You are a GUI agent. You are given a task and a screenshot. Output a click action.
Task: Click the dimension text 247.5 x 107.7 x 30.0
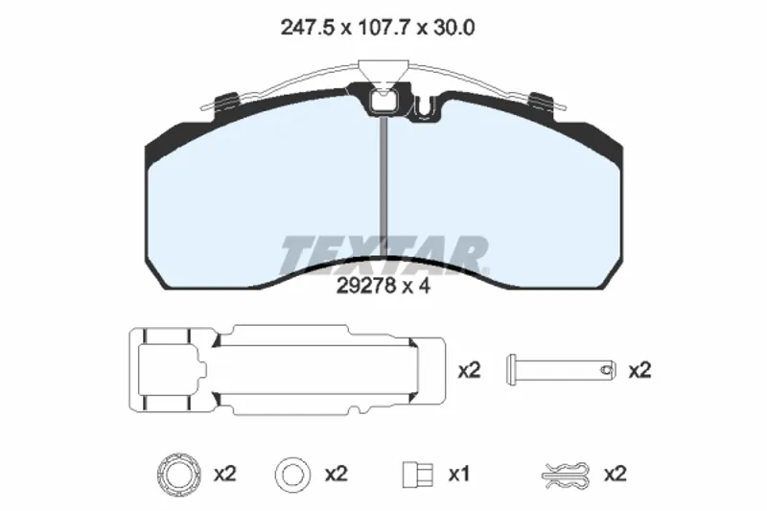pyautogui.click(x=377, y=28)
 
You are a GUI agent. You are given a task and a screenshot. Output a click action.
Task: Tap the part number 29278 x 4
pyautogui.click(x=383, y=286)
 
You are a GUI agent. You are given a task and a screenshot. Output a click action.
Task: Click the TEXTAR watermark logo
pyautogui.click(x=384, y=254)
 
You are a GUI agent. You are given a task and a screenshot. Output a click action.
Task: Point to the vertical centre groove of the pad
pyautogui.click(x=384, y=187)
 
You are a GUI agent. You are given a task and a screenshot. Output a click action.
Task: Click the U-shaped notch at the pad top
pyautogui.click(x=425, y=108)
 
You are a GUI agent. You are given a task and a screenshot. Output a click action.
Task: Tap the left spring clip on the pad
pyautogui.click(x=226, y=102)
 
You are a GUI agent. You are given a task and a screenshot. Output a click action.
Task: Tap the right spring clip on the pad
pyautogui.click(x=542, y=102)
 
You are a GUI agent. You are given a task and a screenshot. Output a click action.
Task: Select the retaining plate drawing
pyautogui.click(x=287, y=369)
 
